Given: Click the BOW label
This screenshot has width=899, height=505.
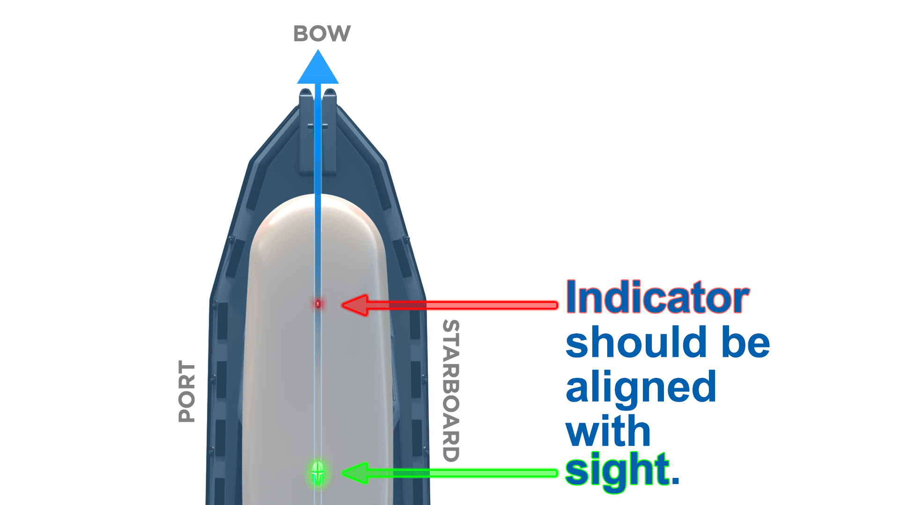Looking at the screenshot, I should click(x=322, y=34).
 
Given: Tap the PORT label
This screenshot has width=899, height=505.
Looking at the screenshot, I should click(x=187, y=391).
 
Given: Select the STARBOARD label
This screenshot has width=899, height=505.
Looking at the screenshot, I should click(x=451, y=391).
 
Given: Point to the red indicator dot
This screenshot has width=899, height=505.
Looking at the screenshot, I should click(x=318, y=304).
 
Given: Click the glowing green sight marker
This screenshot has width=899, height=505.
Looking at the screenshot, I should click(x=318, y=473).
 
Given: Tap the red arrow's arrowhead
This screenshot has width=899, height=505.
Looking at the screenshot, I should click(x=356, y=305).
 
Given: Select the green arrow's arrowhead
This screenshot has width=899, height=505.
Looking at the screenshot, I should click(x=356, y=474).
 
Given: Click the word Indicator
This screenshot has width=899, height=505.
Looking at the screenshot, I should click(x=657, y=298).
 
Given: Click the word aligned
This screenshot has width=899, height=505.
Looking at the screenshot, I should click(x=641, y=387).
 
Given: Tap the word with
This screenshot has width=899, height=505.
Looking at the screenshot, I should click(x=608, y=431).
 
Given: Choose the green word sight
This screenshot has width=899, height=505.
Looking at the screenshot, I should click(x=617, y=470).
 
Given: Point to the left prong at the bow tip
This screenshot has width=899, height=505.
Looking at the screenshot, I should click(x=306, y=101).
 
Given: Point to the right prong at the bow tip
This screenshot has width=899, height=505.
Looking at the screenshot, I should click(x=330, y=101).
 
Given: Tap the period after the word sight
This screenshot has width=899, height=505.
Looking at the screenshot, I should click(x=675, y=480).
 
